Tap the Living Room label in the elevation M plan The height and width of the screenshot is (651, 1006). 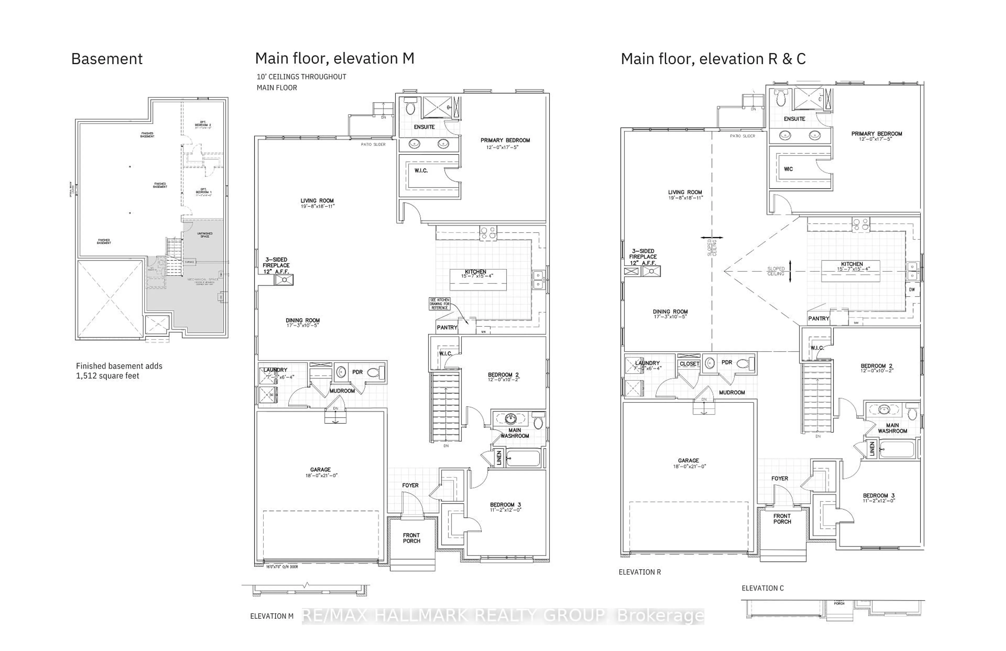pos(317,201)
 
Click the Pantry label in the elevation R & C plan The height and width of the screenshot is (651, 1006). pos(818,319)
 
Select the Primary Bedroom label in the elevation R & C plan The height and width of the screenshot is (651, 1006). pos(876,134)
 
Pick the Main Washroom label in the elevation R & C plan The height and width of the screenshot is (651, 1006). pos(892,428)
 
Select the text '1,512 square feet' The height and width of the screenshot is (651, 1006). pos(107,376)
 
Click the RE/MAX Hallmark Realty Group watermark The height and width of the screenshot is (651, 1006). pos(503,616)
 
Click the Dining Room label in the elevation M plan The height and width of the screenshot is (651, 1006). pos(303,321)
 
